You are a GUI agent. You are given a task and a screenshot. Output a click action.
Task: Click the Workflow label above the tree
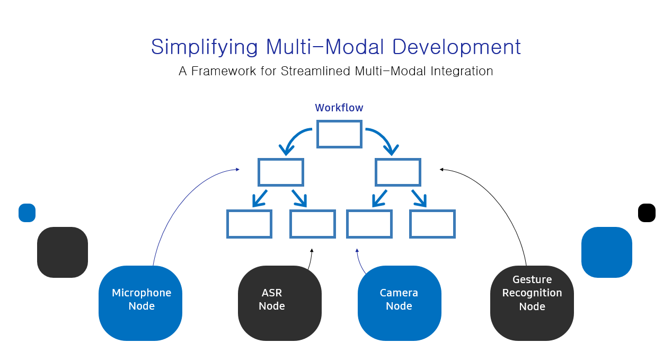pos(339,108)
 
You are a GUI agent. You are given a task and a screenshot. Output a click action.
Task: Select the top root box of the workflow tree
pos(339,134)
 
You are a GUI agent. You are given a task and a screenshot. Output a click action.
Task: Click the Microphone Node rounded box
pos(140,303)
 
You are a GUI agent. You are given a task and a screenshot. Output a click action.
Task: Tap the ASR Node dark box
pos(279,303)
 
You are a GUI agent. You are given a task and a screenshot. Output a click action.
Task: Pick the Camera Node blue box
pos(399,303)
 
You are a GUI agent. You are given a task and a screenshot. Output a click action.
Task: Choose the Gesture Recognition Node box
pos(532,303)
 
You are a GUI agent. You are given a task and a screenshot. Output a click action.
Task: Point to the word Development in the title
pos(456,47)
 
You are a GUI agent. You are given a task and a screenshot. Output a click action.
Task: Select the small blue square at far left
pos(27,213)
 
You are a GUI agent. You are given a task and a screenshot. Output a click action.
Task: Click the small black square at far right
pos(647,213)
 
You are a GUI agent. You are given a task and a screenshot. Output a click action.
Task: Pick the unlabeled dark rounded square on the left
pos(63,252)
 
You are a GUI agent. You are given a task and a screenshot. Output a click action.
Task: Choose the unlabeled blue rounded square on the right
pos(606,252)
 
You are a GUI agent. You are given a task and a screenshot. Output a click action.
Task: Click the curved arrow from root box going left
pos(294,137)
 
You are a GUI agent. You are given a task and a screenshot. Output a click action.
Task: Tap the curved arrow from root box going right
pos(384,137)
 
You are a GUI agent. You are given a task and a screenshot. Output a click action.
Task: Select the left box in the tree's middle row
pos(281,172)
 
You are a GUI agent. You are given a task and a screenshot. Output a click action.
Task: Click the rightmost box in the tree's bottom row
pos(432,224)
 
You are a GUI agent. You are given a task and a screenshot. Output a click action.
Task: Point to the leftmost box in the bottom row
pos(249,224)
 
